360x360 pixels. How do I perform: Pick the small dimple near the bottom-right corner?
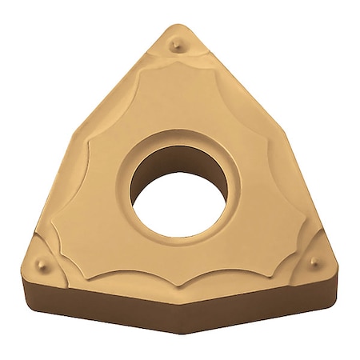pos(314,262)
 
